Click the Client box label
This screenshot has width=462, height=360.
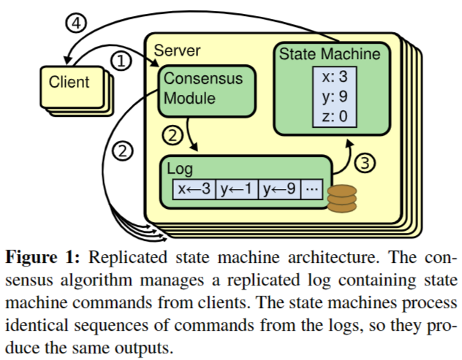(69, 82)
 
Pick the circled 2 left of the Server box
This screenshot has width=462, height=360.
(123, 152)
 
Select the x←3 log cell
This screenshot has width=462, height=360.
(194, 189)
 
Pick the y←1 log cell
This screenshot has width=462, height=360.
(237, 189)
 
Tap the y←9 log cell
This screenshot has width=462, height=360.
(279, 189)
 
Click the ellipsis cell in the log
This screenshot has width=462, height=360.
(311, 189)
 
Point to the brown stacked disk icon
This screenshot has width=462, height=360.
(341, 199)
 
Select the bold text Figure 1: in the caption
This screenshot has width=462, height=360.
(45, 259)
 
